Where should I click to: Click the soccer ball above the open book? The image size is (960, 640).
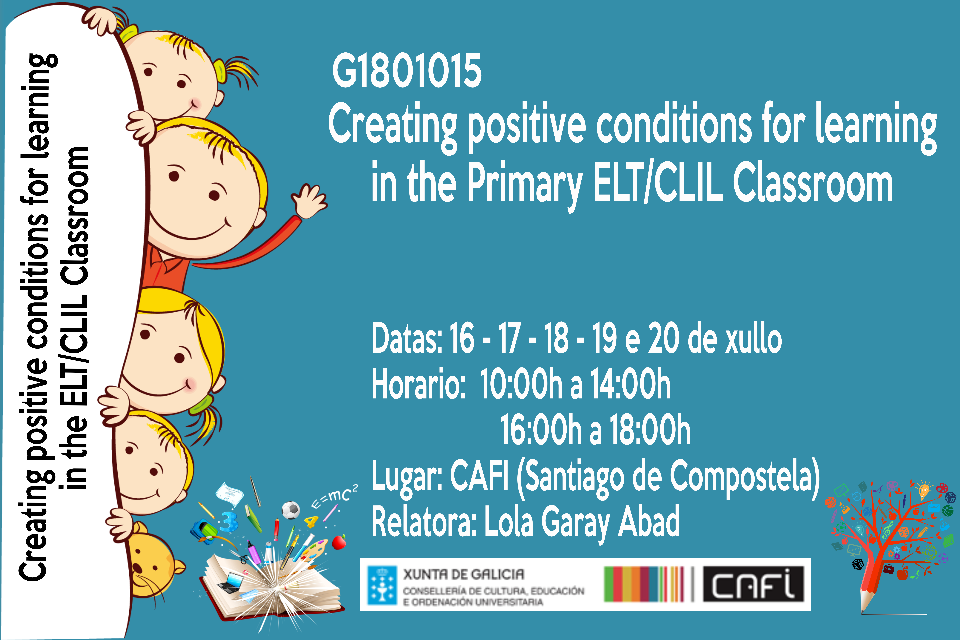click(x=291, y=510)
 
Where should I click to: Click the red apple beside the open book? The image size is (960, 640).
click(x=339, y=542)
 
